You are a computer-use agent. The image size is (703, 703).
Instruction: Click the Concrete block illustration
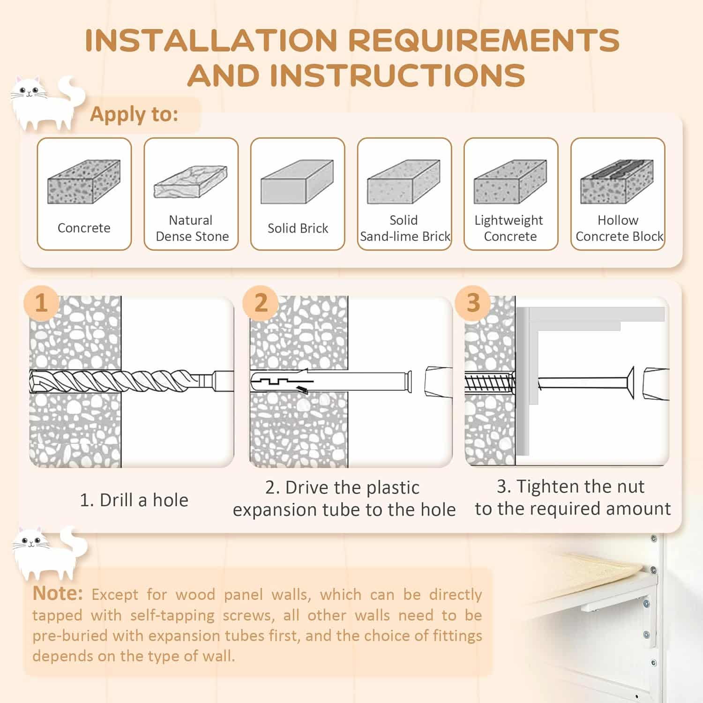[84, 181]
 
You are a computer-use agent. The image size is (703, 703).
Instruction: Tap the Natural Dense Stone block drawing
[191, 181]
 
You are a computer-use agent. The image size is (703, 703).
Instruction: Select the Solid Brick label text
[298, 228]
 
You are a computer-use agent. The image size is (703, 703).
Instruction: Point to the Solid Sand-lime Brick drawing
[404, 181]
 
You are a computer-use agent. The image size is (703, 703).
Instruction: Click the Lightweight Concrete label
[509, 228]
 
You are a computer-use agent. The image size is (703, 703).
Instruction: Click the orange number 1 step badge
[41, 302]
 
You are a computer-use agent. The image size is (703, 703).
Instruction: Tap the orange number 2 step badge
[261, 302]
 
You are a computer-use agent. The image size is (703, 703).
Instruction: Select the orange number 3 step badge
[473, 302]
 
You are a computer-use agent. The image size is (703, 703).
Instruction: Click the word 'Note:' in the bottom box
[58, 593]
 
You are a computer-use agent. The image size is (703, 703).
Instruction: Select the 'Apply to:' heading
[134, 114]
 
